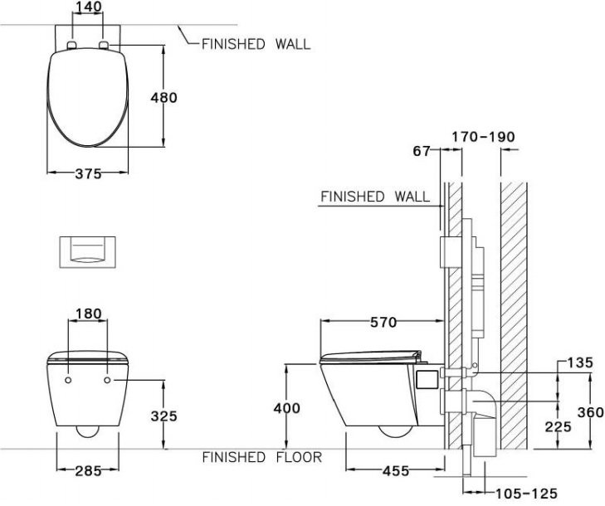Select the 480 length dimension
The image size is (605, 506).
pos(163,97)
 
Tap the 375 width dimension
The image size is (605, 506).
pos(88,174)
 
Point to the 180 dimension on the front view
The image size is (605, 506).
pos(88,314)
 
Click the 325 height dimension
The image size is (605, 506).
pos(163,416)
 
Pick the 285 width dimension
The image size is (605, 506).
pos(88,471)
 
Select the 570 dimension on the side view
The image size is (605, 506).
pos(383,322)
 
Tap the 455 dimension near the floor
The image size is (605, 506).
pos(395,470)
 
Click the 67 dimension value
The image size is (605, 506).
pos(422,150)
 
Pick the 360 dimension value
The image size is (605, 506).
pos(590,412)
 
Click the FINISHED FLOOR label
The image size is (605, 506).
pos(262,457)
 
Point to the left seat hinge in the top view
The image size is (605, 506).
pos(73,44)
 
